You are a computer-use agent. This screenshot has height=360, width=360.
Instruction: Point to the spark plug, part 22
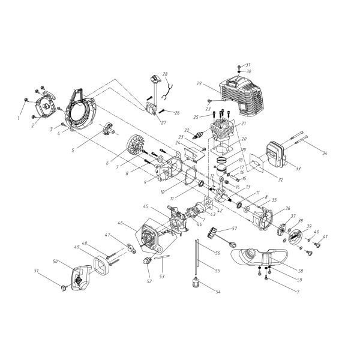coord(197,133)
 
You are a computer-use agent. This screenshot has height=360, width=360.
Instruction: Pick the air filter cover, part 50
coord(79,282)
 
